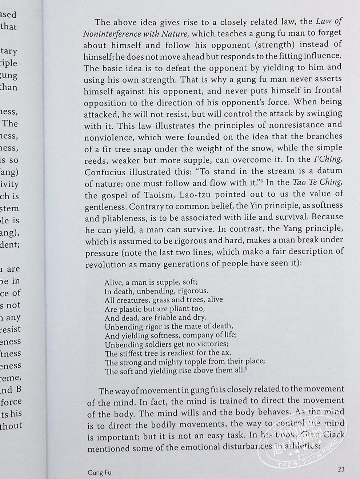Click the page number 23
pyautogui.click(x=341, y=469)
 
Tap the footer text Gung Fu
pyautogui.click(x=99, y=472)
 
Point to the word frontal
pyautogui.click(x=328, y=91)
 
